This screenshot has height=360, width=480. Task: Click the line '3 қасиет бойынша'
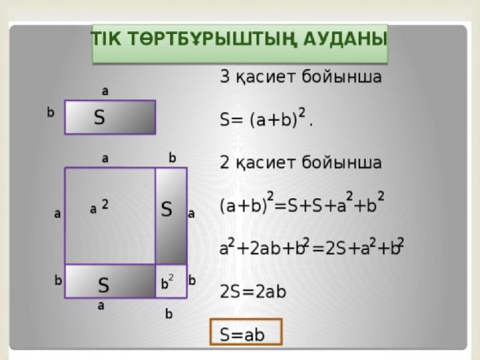pyautogui.click(x=301, y=77)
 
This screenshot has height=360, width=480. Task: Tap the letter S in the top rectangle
pyautogui.click(x=99, y=118)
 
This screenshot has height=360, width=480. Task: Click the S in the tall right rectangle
pyautogui.click(x=167, y=209)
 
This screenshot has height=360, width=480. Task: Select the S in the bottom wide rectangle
pyautogui.click(x=103, y=285)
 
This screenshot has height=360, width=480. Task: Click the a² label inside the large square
pyautogui.click(x=99, y=207)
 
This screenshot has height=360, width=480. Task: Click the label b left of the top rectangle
pyautogui.click(x=50, y=113)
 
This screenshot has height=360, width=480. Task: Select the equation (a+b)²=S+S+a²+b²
pyautogui.click(x=302, y=204)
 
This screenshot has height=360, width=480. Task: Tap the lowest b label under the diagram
pyautogui.click(x=169, y=315)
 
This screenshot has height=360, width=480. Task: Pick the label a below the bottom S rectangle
pyautogui.click(x=101, y=307)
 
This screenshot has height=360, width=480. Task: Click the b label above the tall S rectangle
pyautogui.click(x=172, y=158)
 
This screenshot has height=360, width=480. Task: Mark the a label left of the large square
pyautogui.click(x=57, y=215)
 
